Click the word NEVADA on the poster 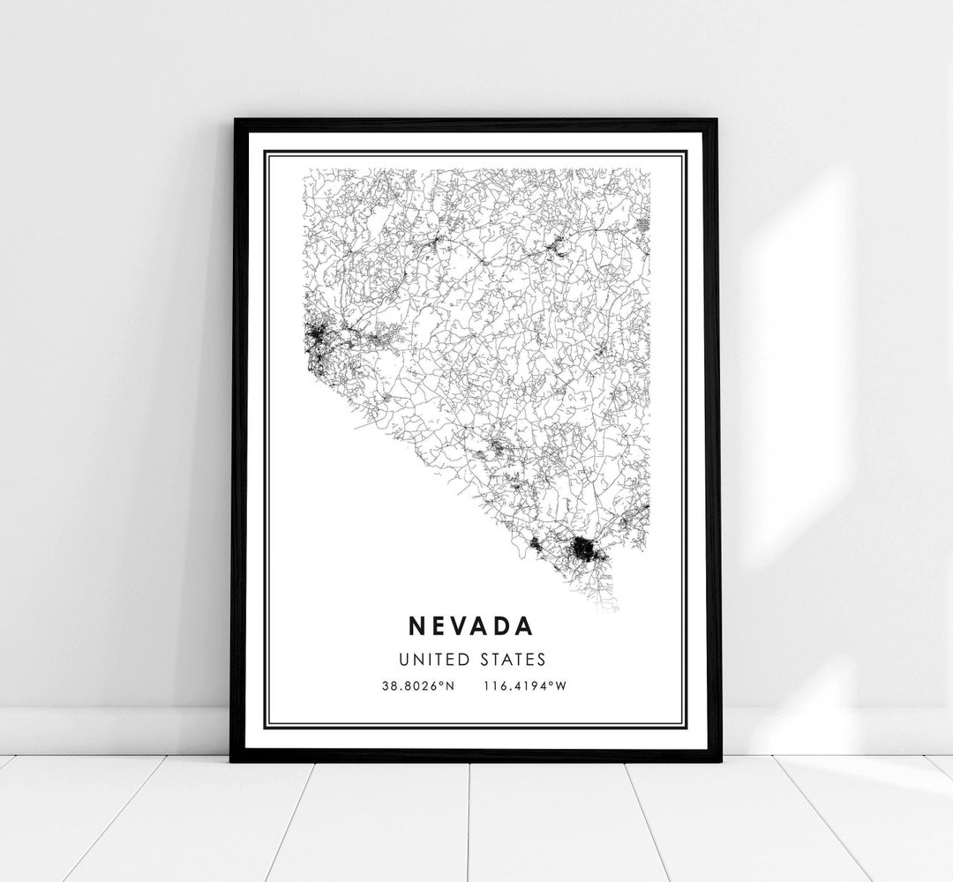[470, 625]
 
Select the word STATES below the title [514, 659]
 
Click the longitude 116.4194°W [524, 685]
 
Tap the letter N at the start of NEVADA [416, 625]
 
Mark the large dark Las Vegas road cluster [584, 551]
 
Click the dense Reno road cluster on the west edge [315, 337]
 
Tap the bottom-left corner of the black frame [233, 759]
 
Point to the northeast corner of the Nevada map [649, 170]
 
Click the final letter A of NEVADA [525, 625]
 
